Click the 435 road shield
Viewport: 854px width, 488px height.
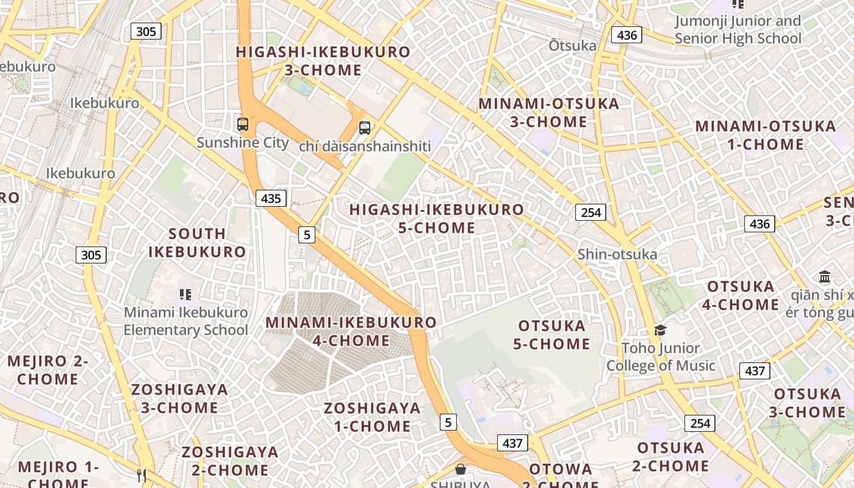(271, 198)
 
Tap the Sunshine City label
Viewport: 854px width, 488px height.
(243, 143)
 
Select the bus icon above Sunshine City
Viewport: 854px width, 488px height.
(243, 124)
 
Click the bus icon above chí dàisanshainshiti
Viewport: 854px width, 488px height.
(365, 128)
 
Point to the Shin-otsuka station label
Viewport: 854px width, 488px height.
(617, 254)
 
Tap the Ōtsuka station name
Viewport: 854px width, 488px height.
(572, 46)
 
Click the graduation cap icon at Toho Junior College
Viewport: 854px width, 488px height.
(660, 331)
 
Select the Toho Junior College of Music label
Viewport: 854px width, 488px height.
(661, 357)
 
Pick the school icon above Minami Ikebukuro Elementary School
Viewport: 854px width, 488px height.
(186, 295)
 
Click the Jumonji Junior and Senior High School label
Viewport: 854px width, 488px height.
(737, 30)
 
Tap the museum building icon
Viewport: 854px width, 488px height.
(825, 276)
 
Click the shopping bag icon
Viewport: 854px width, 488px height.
(461, 469)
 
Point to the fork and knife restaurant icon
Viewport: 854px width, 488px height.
(142, 475)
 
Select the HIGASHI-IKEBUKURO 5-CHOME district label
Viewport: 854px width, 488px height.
(436, 218)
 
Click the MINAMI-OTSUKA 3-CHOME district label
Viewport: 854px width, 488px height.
(548, 112)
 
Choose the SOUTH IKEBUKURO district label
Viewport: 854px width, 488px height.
(197, 243)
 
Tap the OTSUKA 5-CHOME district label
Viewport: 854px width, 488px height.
(551, 335)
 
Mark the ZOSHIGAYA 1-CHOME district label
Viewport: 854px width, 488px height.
(372, 417)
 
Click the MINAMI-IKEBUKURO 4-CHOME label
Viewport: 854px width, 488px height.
(351, 331)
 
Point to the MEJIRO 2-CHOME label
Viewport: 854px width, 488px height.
(48, 370)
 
